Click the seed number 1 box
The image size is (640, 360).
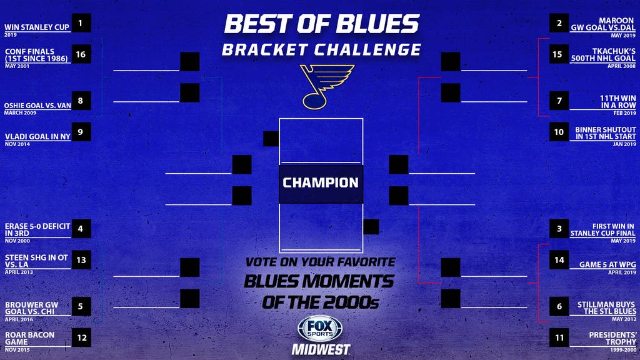81,23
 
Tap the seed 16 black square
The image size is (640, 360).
81,54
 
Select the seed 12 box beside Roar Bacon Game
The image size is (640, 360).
81,337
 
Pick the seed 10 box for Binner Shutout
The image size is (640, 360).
559,132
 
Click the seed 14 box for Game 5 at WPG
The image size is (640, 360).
559,260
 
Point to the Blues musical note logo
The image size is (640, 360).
327,86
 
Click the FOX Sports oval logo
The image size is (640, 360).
321,328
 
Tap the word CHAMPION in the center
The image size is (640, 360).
321,182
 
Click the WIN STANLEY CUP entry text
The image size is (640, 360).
37,27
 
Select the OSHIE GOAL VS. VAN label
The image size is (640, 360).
37,105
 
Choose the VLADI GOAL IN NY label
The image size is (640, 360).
37,137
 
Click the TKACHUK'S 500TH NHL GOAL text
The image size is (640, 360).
603,55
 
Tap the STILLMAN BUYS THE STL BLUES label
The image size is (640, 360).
606,307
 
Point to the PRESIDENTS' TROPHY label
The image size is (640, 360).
612,338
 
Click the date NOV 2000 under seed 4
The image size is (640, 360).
17,241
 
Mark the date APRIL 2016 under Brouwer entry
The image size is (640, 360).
19,319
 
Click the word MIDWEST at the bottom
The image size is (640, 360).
321,350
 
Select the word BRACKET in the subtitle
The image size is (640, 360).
265,50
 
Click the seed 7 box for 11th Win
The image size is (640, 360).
559,101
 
